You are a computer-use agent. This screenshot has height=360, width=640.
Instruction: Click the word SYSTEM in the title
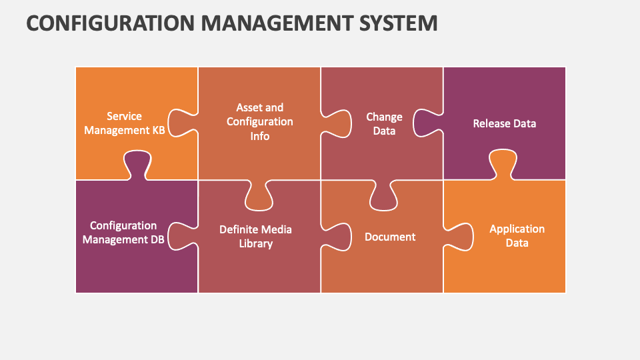pyautogui.click(x=398, y=23)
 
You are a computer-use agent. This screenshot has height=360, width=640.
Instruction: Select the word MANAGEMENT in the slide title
pyautogui.click(x=277, y=23)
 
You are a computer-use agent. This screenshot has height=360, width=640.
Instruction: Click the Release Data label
pyautogui.click(x=505, y=123)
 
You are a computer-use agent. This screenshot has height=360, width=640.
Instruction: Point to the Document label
pyautogui.click(x=390, y=237)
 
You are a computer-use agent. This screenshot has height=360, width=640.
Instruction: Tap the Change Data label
pyautogui.click(x=384, y=124)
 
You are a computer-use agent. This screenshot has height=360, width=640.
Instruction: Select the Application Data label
pyautogui.click(x=517, y=235)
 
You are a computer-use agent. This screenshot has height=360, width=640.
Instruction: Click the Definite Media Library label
pyautogui.click(x=255, y=236)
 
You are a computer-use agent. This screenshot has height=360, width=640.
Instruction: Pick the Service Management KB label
pyautogui.click(x=124, y=123)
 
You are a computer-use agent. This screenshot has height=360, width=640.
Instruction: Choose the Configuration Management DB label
pyautogui.click(x=123, y=232)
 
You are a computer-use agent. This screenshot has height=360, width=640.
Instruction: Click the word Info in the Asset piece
pyautogui.click(x=259, y=136)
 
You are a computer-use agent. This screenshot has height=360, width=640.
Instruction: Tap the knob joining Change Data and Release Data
pyautogui.click(x=427, y=123)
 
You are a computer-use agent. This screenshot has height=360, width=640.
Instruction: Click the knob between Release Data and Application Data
pyautogui.click(x=503, y=164)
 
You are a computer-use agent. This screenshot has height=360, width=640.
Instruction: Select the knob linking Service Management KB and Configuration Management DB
pyautogui.click(x=137, y=165)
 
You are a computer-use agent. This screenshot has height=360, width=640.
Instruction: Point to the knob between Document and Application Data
pyautogui.click(x=459, y=237)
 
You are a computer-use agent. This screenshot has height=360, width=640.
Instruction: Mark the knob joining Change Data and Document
pyautogui.click(x=383, y=195)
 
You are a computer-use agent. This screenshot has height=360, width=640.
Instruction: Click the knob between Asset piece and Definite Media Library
pyautogui.click(x=259, y=195)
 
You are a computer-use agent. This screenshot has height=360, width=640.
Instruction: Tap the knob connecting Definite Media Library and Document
pyautogui.click(x=336, y=237)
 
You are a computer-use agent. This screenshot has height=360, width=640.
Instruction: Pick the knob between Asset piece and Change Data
pyautogui.click(x=336, y=123)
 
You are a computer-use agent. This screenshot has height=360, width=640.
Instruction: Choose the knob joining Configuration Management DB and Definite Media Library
pyautogui.click(x=183, y=236)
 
